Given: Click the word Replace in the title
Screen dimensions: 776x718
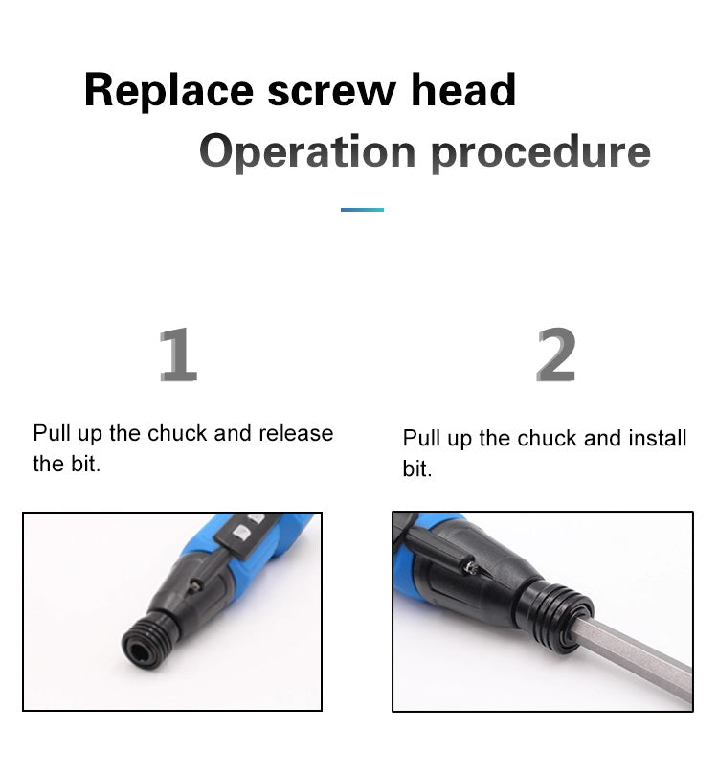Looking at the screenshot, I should point(169,90).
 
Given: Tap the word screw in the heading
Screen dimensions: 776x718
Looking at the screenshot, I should point(331,90).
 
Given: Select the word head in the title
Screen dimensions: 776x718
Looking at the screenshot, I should point(463,90).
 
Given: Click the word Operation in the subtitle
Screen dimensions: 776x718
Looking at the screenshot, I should point(306,151).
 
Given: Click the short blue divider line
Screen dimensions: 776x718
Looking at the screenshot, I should point(362,210).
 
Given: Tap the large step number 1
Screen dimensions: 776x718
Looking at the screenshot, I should point(178,355).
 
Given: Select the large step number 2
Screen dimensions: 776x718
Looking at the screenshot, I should point(555,355).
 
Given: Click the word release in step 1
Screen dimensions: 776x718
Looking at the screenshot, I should point(295,433).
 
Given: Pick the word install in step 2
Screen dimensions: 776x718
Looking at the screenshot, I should point(658,439).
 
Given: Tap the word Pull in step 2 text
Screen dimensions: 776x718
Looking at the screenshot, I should point(420,439).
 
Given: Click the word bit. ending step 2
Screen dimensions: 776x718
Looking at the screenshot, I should point(417,470).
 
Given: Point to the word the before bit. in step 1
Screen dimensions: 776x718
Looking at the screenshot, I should point(48,465).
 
